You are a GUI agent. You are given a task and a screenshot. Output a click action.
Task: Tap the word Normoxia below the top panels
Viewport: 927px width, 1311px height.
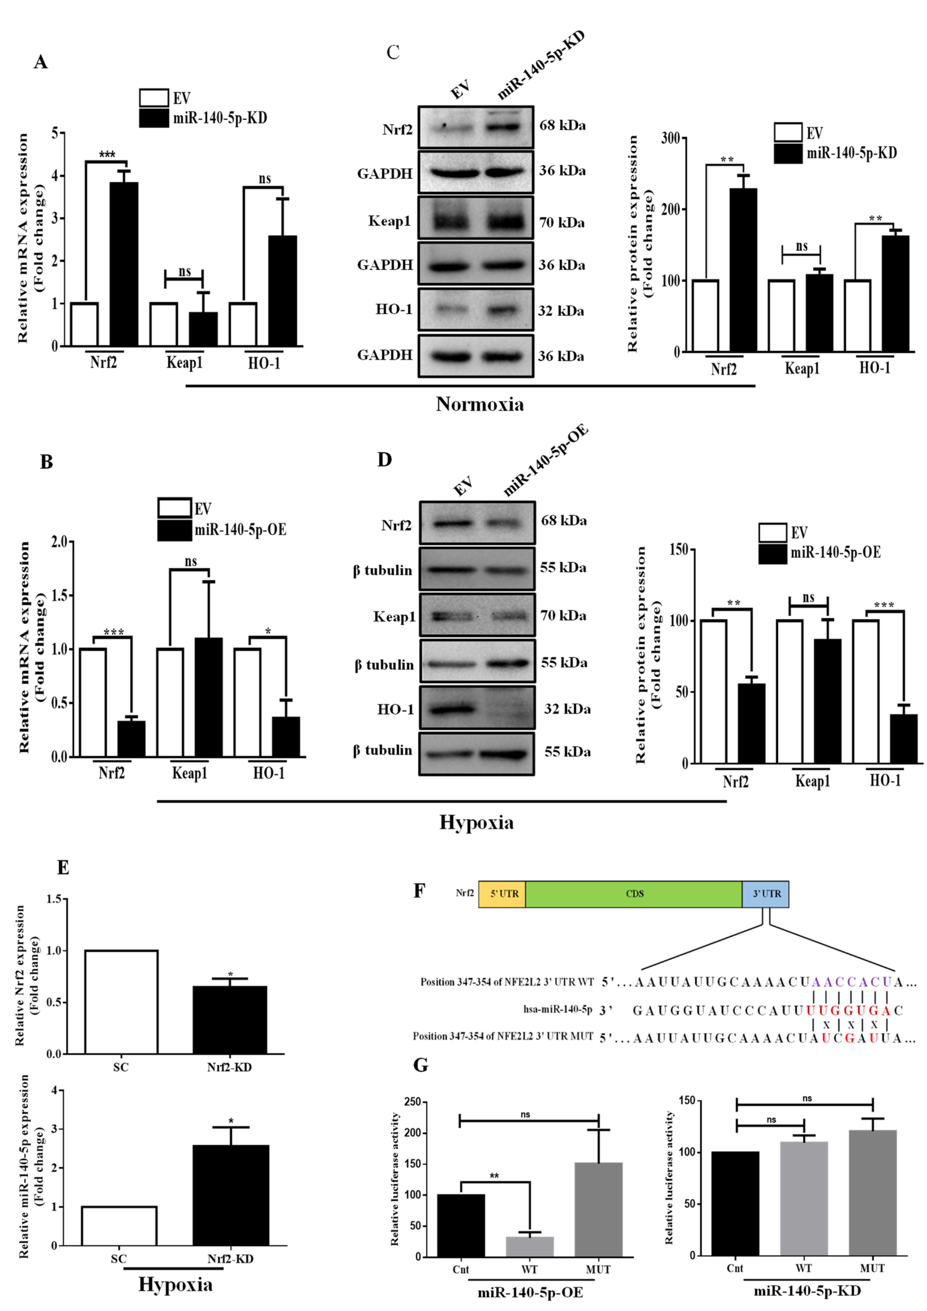(479, 404)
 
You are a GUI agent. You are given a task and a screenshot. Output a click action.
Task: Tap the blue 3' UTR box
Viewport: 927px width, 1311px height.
(765, 894)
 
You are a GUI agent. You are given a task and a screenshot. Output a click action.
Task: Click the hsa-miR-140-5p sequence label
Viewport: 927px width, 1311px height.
(558, 1010)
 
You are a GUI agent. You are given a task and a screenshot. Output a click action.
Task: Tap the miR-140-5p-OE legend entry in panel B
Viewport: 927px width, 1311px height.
(240, 530)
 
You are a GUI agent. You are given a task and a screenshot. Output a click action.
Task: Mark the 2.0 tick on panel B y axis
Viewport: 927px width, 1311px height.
(59, 541)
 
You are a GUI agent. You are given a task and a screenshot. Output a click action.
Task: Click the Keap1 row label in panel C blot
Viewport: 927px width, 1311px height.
(389, 221)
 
